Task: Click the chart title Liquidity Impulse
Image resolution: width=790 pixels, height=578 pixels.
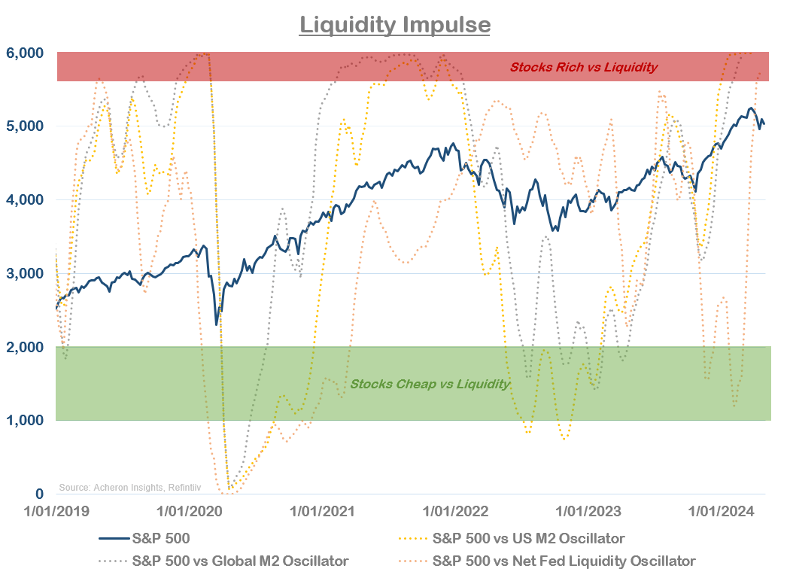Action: (395, 25)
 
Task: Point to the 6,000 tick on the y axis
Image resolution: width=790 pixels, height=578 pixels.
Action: (26, 53)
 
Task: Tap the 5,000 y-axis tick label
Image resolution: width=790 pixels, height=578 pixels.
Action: (26, 126)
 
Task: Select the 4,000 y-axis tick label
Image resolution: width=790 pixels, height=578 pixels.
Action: (26, 200)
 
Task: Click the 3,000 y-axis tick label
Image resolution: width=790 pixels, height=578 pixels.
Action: (26, 273)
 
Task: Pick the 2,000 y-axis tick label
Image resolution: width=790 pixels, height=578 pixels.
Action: (26, 347)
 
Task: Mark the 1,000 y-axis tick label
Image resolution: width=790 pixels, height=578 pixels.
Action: (26, 420)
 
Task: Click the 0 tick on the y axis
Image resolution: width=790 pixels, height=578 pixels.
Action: (39, 494)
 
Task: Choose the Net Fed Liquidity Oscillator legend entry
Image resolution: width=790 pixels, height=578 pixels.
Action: (564, 561)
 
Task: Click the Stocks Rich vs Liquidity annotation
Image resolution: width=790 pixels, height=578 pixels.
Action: (584, 67)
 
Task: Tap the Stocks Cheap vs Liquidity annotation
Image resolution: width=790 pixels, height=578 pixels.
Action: (430, 385)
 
